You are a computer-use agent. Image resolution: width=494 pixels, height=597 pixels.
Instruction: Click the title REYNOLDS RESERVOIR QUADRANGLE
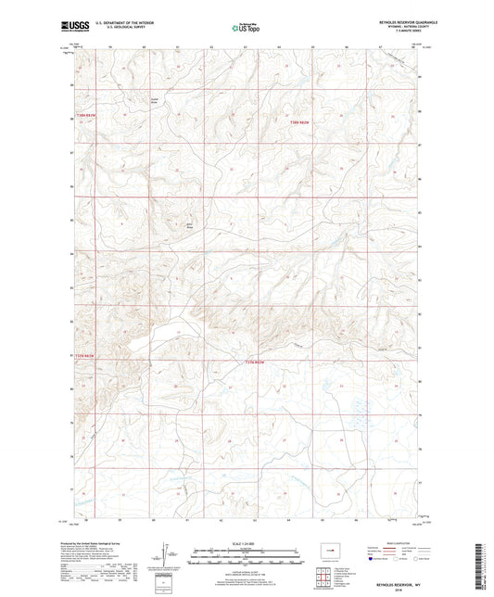tap(391, 23)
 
